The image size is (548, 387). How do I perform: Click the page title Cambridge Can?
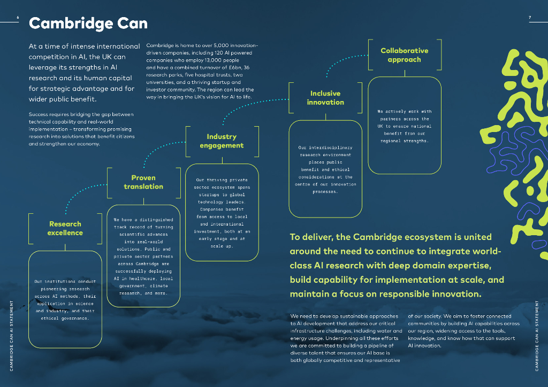[88, 24]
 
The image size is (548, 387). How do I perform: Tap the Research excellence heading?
[65, 228]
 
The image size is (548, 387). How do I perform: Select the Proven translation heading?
[143, 182]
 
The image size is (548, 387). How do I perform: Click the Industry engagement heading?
[222, 141]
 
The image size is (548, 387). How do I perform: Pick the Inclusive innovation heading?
[325, 98]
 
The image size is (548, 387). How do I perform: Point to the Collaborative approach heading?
[404, 55]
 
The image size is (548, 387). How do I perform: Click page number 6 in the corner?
[18, 18]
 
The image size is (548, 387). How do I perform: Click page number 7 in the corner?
[530, 18]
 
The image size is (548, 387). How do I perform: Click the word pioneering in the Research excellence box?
[55, 289]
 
